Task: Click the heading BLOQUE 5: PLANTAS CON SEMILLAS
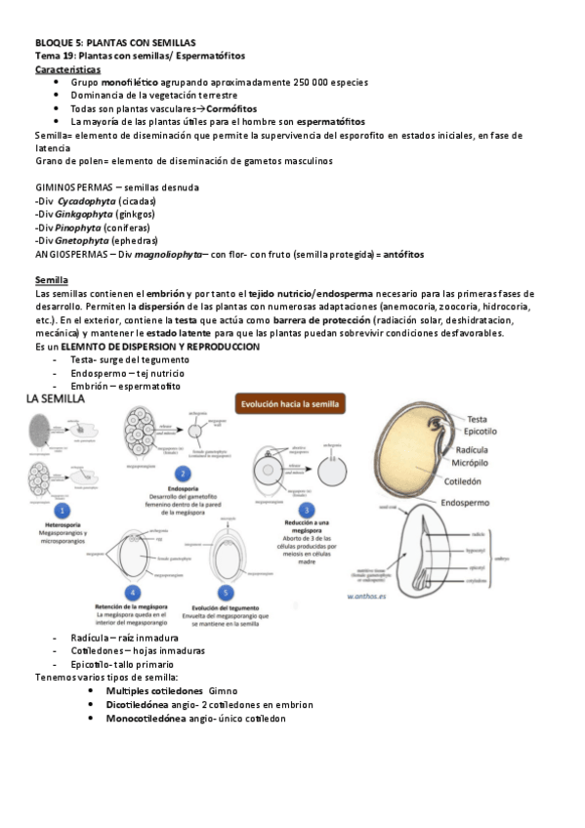115,43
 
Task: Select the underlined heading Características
66,70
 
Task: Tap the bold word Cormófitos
231,108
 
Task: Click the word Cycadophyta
84,200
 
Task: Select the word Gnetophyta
81,240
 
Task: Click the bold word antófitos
403,254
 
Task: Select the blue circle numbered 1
62,511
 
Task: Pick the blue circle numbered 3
307,510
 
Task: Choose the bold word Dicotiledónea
146,704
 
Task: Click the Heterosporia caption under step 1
62,524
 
